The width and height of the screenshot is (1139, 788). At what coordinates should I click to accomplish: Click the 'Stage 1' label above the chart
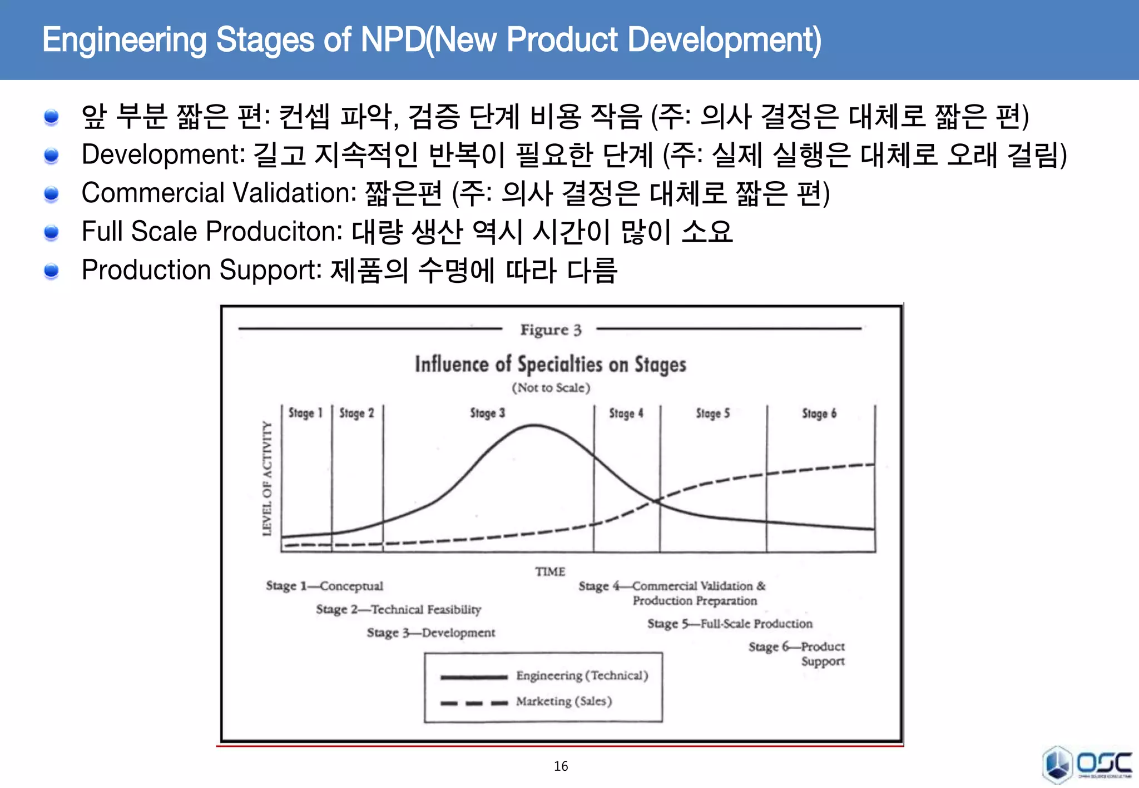click(305, 413)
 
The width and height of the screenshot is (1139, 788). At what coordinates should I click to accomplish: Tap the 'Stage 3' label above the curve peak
click(487, 413)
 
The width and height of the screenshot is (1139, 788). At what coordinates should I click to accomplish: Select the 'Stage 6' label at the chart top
click(819, 413)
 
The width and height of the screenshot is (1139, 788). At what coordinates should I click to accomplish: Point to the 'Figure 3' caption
click(551, 330)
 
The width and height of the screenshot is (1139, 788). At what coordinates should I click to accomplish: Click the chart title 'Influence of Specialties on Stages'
click(550, 365)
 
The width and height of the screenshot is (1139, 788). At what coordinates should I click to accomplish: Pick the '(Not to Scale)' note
click(551, 388)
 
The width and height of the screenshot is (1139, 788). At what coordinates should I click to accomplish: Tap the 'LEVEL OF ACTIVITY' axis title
click(268, 478)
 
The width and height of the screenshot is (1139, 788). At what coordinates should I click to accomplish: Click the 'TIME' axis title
click(550, 571)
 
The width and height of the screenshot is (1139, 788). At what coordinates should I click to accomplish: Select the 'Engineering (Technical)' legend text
click(582, 676)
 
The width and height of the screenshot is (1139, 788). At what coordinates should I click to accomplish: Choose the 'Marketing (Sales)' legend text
click(563, 701)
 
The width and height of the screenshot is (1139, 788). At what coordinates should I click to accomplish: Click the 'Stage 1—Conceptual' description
click(324, 586)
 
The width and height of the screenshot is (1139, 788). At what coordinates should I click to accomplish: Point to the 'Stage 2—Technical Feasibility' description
click(398, 610)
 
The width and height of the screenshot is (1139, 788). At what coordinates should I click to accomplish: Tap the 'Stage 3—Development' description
click(430, 633)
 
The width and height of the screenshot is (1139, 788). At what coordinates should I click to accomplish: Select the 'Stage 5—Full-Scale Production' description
click(730, 624)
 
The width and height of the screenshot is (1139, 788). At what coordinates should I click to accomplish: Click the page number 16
click(561, 766)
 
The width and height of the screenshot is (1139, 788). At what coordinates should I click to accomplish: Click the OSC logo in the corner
click(1086, 765)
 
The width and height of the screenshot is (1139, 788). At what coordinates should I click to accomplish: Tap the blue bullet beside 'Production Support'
click(51, 271)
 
